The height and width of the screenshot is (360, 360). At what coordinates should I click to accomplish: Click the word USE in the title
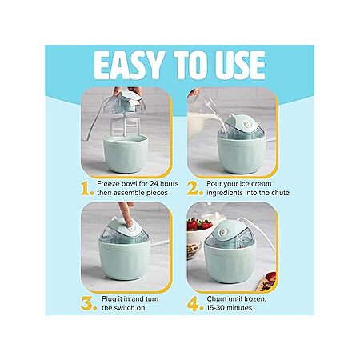[x=241, y=66]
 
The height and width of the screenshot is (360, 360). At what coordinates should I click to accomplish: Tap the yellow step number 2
[x=194, y=189]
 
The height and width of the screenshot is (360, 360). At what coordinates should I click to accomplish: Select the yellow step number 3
[x=89, y=303]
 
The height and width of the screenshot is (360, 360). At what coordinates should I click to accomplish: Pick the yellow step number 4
[x=195, y=304]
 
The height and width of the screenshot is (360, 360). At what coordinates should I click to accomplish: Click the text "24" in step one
[x=154, y=184]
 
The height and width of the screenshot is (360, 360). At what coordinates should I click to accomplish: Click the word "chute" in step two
[x=280, y=193]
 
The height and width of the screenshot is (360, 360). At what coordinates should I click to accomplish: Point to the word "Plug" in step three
[x=109, y=299]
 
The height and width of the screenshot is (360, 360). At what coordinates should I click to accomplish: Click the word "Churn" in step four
[x=217, y=299]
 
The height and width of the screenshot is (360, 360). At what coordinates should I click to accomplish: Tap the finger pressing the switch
[x=126, y=214]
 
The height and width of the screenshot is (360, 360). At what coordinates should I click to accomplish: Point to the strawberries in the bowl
[x=199, y=224]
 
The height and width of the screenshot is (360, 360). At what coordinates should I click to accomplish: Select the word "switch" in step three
[x=134, y=308]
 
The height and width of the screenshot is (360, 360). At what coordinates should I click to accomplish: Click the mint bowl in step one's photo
[x=126, y=154]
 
